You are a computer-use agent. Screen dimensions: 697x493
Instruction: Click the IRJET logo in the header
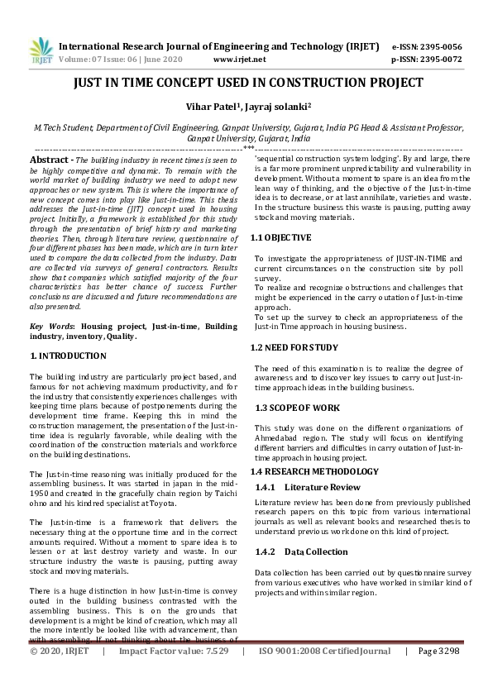40,51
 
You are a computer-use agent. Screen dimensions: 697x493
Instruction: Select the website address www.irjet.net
239,60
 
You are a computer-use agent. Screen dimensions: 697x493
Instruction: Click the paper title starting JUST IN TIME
247,83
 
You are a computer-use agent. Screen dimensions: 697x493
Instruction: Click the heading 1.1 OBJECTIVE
280,237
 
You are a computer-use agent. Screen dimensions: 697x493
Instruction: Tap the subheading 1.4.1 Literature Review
308,487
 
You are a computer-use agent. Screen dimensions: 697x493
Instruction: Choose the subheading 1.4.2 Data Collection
302,551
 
